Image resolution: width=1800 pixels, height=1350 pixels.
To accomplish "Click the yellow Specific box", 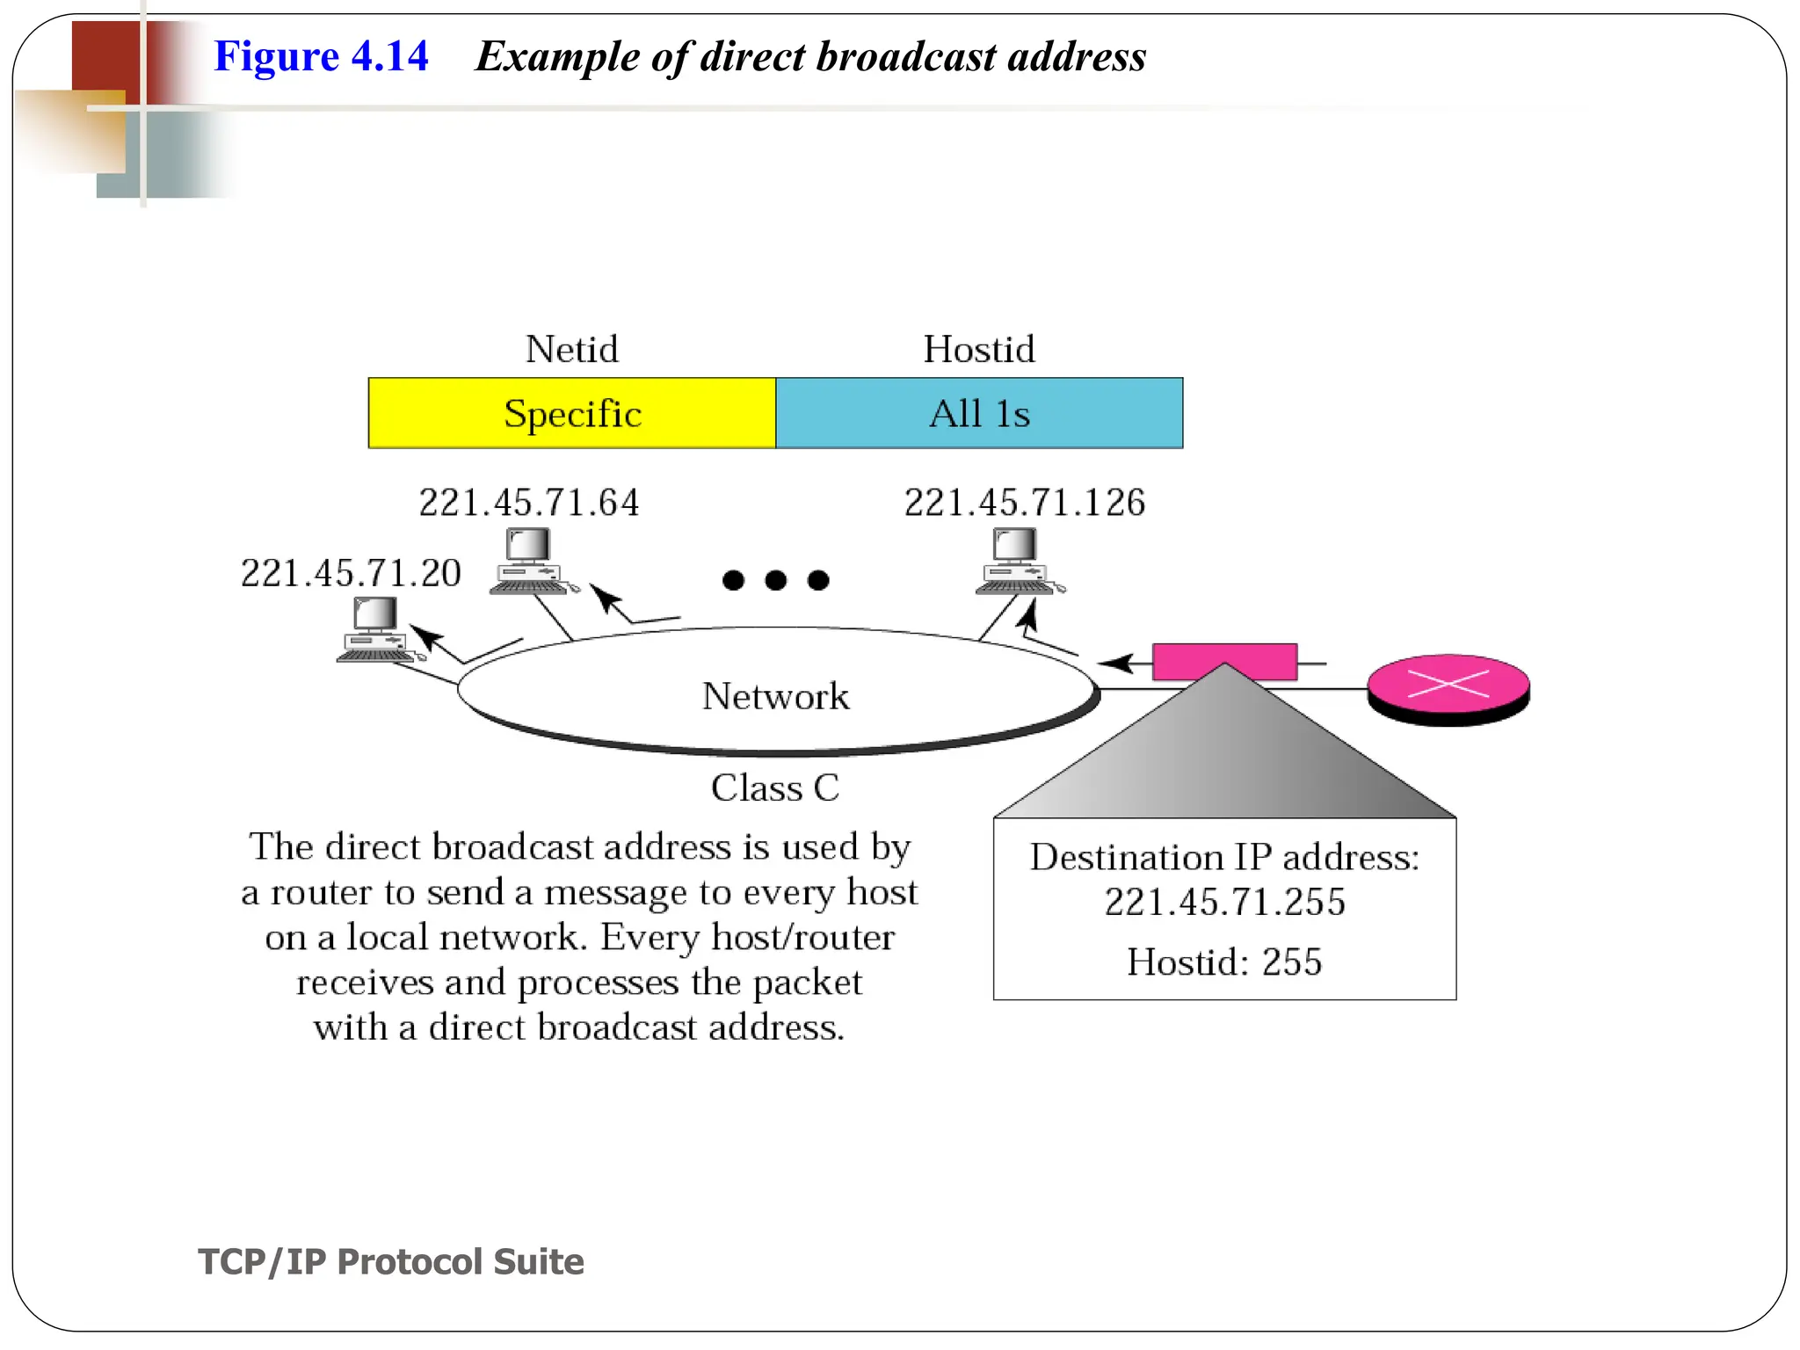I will coord(572,413).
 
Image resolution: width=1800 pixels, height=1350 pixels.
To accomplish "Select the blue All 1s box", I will coord(979,413).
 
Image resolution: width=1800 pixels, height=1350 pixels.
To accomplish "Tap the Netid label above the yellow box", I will coord(572,349).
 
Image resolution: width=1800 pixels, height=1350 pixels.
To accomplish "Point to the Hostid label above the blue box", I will coord(979,349).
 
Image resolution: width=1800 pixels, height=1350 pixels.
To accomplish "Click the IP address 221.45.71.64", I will coord(529,503).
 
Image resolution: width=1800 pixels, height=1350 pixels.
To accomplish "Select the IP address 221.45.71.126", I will coord(1025,503).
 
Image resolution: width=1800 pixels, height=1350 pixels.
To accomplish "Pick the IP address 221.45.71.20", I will coord(351,573).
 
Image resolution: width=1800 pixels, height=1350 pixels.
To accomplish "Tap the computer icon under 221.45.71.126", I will coord(1018,561).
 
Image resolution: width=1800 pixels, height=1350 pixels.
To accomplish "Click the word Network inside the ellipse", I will coord(775,696).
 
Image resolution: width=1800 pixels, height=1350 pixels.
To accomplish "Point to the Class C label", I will coord(775,787).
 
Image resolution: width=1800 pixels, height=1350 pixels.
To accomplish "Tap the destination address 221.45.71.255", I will coord(1224,902).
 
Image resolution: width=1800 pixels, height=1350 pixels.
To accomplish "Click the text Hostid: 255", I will coord(1224,962).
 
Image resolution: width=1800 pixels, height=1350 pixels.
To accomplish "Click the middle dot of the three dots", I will coord(775,580).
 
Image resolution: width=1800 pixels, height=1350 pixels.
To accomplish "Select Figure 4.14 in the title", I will coord(321,56).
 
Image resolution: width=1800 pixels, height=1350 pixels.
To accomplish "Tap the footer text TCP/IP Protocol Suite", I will coord(390,1261).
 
